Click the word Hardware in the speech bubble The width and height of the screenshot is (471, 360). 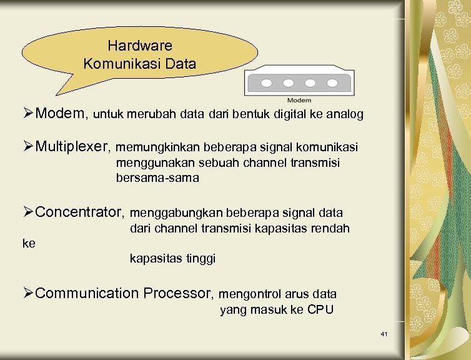[139, 46]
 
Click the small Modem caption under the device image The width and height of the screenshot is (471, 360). [299, 101]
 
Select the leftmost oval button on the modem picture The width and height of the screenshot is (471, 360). [265, 83]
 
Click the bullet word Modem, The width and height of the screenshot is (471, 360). [62, 114]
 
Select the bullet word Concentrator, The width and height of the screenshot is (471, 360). [81, 212]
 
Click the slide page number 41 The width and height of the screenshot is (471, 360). [384, 335]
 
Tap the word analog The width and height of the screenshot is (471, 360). [346, 115]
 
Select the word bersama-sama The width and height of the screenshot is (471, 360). [157, 178]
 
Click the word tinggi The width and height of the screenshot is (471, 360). [201, 258]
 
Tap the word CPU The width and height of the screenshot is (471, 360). [320, 310]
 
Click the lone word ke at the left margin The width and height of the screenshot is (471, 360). [29, 244]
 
